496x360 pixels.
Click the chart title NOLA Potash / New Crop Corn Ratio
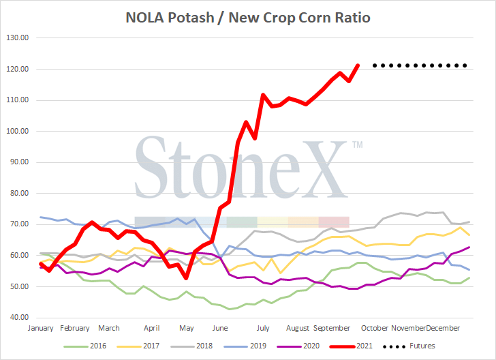tap(248, 17)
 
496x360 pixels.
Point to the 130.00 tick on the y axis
tap(23, 38)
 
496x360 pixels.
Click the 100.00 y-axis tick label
tap(23, 132)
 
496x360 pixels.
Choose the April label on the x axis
tap(152, 327)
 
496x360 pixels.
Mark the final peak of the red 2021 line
tap(358, 66)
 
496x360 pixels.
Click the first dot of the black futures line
tap(373, 66)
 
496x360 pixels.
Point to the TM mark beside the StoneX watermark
tap(357, 145)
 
